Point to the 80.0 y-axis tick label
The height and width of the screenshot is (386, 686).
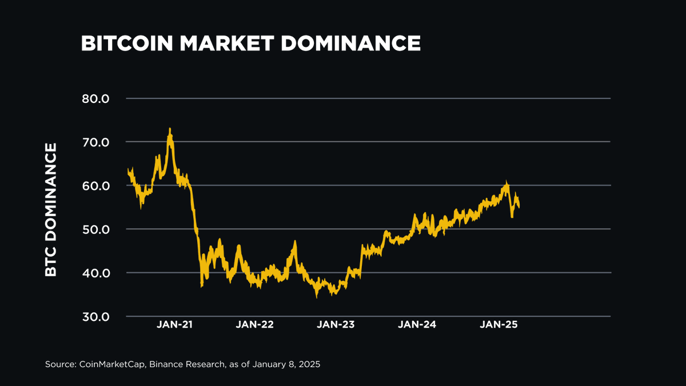point(95,98)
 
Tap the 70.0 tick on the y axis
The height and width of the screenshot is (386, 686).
point(95,142)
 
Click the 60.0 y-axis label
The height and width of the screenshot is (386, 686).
point(95,185)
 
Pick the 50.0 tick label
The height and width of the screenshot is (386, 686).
point(95,229)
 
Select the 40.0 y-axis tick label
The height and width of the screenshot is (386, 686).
point(95,273)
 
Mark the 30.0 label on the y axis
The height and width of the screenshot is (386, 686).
point(95,316)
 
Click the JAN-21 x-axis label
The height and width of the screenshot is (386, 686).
point(174,324)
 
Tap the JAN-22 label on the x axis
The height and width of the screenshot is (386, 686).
point(254,324)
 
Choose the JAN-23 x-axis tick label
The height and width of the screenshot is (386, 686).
point(336,324)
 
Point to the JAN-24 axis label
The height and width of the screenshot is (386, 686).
point(417,324)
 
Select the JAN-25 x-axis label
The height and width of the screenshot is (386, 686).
point(498,324)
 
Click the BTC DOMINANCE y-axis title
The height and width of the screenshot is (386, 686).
point(51,210)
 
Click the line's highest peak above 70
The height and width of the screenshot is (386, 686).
point(170,129)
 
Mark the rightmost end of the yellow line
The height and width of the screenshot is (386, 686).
point(519,206)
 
